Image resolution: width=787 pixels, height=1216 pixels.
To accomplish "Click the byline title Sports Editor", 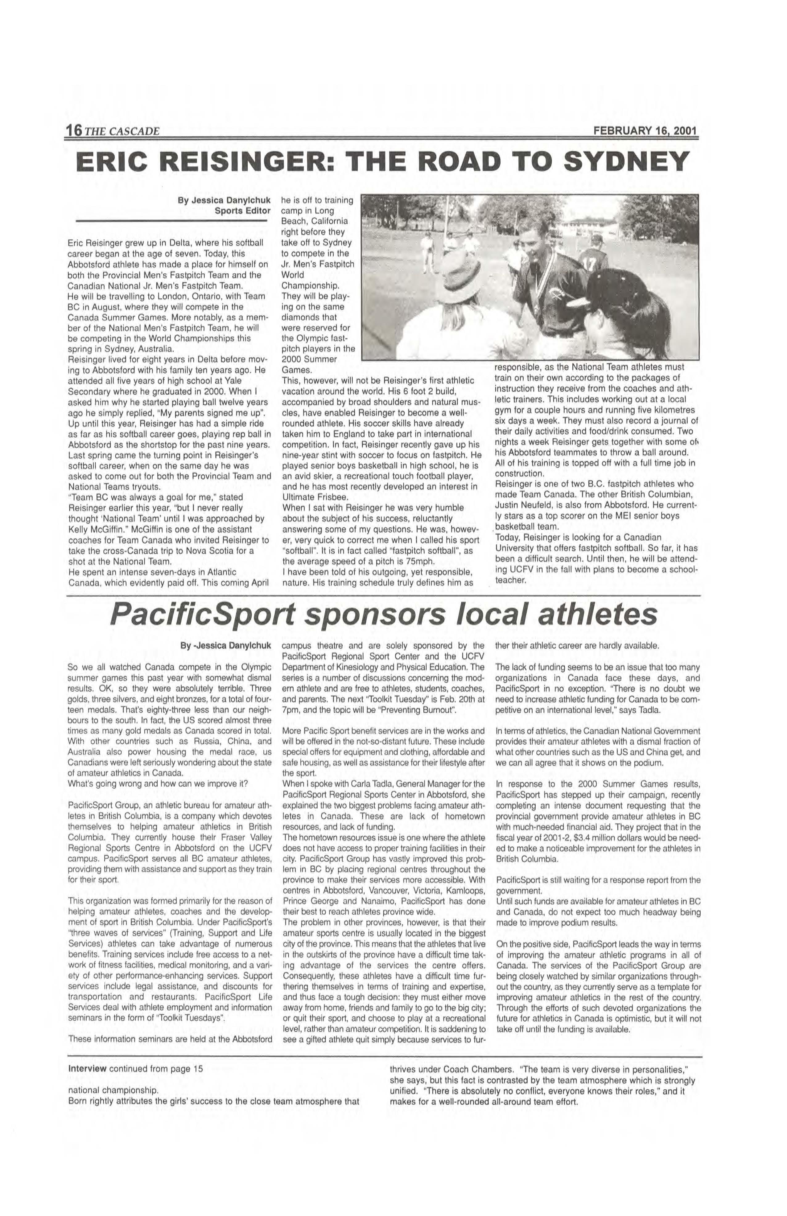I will (x=242, y=211).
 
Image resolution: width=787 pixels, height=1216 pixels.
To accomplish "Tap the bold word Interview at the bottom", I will (x=87, y=1069).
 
